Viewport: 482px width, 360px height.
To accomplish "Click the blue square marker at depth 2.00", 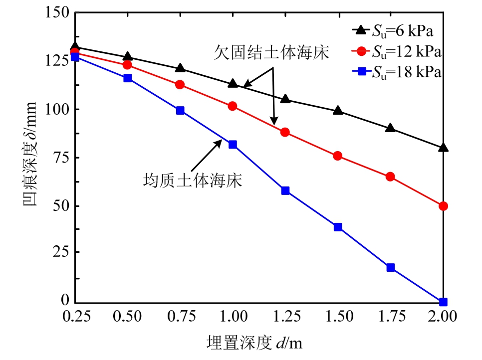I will (443, 302).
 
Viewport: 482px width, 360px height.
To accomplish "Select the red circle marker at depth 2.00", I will (443, 206).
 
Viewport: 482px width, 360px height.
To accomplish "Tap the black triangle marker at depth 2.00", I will (443, 148).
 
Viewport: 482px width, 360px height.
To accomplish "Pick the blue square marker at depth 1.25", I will (285, 190).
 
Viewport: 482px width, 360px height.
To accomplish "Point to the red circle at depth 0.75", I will (180, 85).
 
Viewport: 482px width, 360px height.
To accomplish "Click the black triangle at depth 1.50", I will (338, 111).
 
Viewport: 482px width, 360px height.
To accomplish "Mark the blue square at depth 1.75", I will (390, 268).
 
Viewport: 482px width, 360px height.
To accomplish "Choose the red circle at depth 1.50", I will (338, 156).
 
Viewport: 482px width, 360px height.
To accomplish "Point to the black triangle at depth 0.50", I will (127, 57).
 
